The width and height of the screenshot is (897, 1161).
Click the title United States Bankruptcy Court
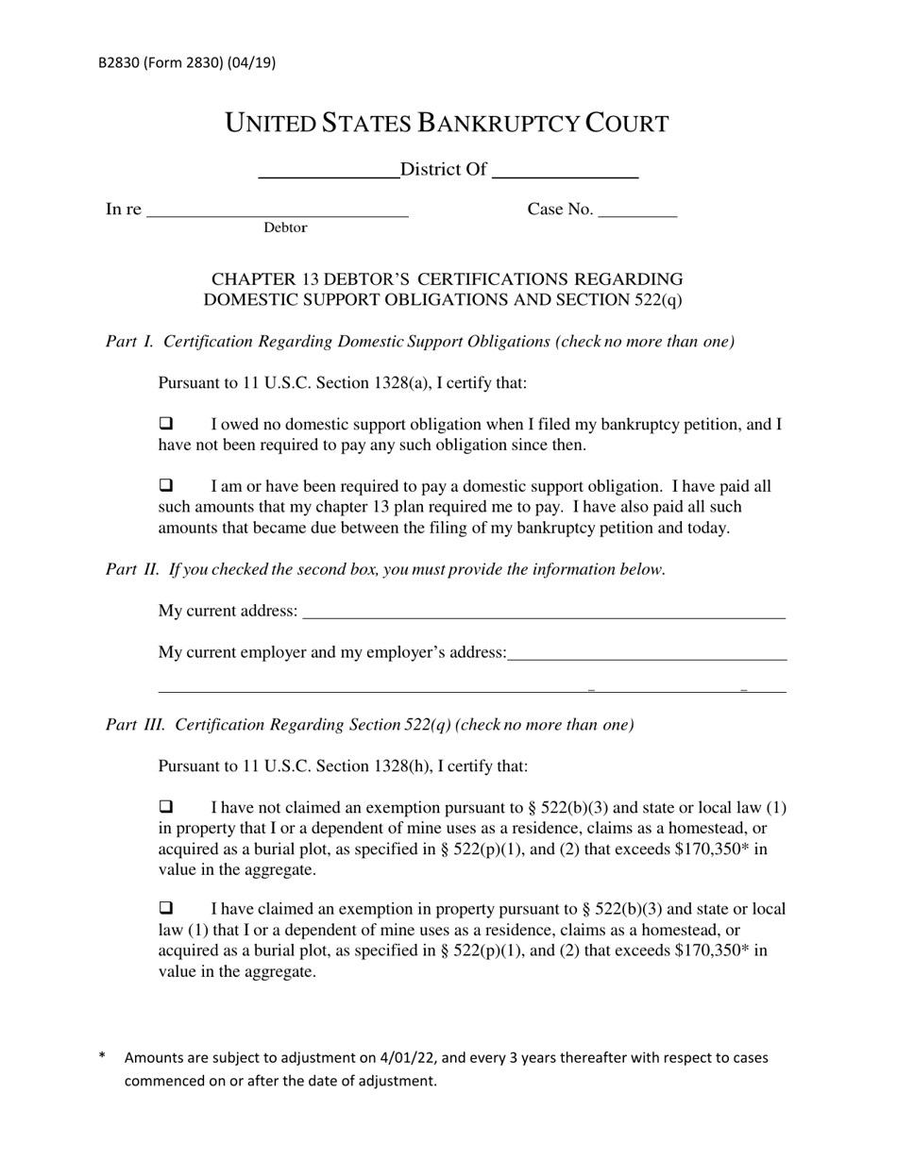tap(447, 123)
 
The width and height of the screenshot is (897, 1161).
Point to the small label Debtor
tap(285, 227)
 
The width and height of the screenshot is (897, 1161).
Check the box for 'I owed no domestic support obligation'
tap(166, 424)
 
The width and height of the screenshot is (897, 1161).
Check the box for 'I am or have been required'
tap(166, 486)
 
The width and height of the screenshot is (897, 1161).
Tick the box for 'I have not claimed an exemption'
tap(166, 807)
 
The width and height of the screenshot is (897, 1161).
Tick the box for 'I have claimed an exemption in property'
tap(166, 909)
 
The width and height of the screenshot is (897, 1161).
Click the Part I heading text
tap(420, 342)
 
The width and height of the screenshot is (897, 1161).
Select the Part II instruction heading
tap(385, 569)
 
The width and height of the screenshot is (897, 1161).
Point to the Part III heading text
tap(370, 725)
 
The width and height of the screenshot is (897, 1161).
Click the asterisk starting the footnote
tap(102, 1057)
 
